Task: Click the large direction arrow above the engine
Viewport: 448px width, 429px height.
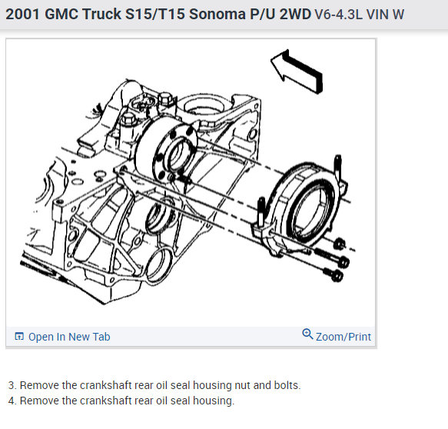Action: [297, 71]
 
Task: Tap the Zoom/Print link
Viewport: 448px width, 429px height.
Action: [343, 337]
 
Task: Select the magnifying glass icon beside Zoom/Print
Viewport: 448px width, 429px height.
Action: [307, 334]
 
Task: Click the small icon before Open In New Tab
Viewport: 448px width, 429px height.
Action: [19, 337]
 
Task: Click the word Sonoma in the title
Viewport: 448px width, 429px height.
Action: [217, 14]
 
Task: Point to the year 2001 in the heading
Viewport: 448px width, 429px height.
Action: [23, 14]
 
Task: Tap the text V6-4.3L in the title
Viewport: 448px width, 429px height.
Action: [339, 15]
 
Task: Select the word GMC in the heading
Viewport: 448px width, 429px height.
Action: [61, 14]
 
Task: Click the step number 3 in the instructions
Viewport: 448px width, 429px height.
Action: [12, 385]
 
